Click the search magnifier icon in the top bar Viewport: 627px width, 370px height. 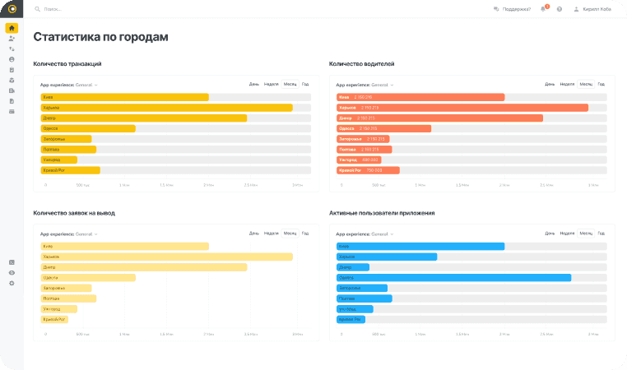coord(38,9)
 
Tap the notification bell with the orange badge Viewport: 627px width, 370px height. coord(543,9)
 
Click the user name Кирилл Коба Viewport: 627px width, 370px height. coord(597,9)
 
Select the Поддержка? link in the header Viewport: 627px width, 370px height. coord(515,9)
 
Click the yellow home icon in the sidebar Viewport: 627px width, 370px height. coord(12,28)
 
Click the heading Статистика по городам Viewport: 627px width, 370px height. coord(100,37)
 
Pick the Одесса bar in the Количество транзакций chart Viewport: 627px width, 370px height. coord(88,128)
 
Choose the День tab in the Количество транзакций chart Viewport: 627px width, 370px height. coord(254,84)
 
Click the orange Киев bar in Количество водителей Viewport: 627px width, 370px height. coord(420,97)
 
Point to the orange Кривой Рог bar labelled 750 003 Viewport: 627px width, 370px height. coord(368,170)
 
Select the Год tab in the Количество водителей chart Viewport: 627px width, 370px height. coord(601,84)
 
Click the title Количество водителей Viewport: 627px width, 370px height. coord(362,63)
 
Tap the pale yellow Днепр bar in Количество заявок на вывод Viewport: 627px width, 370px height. coord(144,267)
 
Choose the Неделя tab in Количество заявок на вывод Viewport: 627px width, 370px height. coord(272,234)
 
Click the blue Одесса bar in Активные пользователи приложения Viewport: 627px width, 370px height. coord(453,278)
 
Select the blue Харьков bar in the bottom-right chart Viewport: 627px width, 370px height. coord(387,257)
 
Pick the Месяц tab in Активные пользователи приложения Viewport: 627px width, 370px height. coord(585,234)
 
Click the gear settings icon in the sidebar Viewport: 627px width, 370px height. coord(12,283)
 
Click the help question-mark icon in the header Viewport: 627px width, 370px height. coord(560,9)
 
